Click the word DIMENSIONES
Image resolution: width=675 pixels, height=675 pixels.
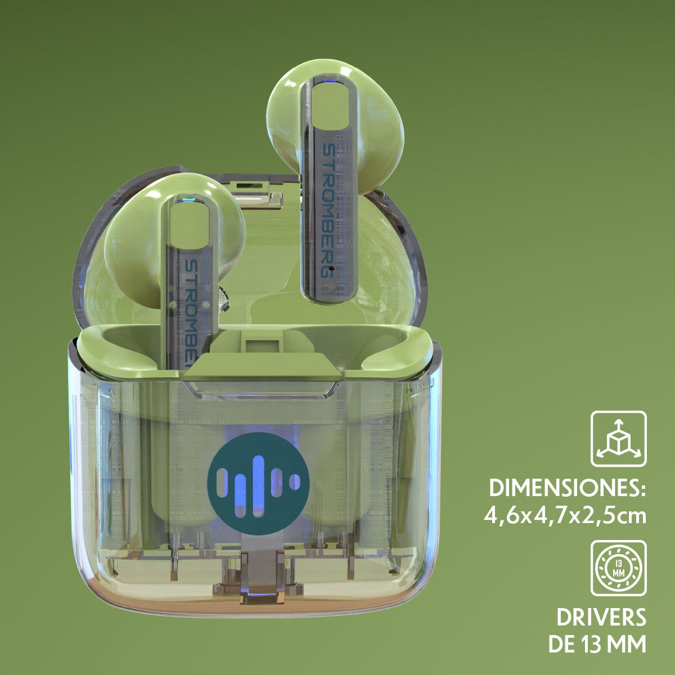567,488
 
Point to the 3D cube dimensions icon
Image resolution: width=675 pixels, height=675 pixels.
619,439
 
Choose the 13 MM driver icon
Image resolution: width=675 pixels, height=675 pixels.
619,568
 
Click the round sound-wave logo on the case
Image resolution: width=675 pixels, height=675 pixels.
259,483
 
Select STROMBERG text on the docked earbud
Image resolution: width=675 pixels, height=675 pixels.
191,313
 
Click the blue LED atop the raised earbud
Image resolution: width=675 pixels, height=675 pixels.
329,83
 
